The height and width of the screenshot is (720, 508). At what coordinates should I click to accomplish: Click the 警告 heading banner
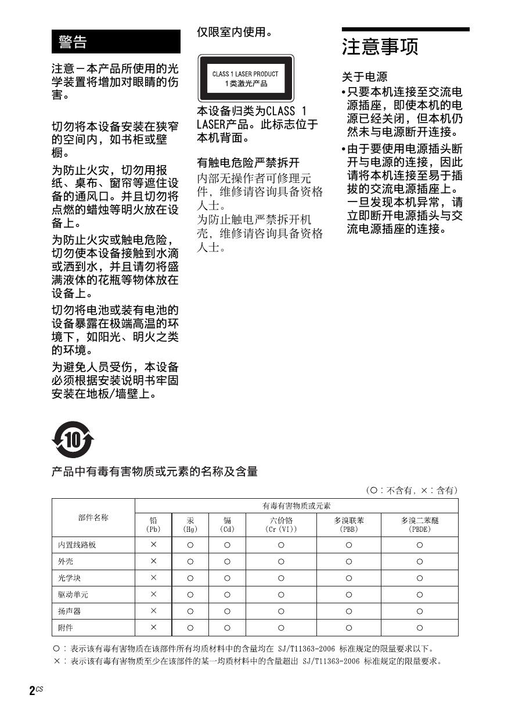116,42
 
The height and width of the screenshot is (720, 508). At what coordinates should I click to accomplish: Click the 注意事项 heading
380,47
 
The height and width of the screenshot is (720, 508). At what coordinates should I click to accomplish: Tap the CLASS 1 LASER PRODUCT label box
246,78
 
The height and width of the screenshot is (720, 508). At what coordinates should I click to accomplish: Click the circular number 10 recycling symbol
73,441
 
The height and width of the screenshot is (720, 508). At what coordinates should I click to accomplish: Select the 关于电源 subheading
364,77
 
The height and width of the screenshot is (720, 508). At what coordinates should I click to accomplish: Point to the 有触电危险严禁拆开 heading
248,163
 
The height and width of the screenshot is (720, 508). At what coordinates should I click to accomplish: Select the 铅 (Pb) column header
153,525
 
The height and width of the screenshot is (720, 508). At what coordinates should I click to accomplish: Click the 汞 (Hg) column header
190,525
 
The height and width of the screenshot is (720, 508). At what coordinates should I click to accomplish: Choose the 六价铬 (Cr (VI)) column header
281,525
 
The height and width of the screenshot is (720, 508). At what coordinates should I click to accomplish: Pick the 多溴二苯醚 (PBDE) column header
419,525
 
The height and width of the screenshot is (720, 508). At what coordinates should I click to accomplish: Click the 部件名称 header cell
93,518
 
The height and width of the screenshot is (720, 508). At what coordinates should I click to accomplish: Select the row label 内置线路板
77,545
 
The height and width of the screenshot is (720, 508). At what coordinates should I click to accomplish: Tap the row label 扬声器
69,611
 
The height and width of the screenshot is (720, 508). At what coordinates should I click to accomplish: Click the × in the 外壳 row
153,561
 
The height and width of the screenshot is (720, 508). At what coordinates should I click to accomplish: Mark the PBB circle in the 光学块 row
348,578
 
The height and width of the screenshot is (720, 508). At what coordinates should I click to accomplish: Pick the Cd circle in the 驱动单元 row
227,595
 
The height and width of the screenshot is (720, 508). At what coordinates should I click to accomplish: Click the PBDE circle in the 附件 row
419,628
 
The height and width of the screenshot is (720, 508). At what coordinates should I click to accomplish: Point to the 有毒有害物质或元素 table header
296,506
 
